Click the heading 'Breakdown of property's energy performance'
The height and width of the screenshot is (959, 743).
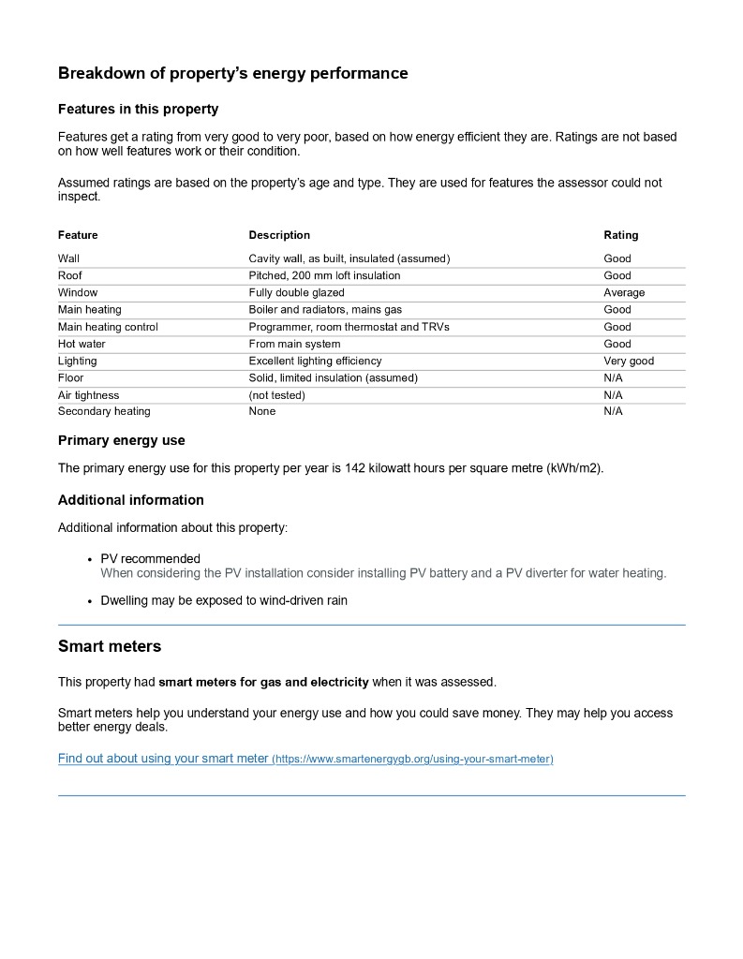(232, 73)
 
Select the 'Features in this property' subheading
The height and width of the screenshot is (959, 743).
(138, 110)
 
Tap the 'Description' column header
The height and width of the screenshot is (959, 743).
(279, 235)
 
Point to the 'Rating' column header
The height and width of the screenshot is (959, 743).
(620, 235)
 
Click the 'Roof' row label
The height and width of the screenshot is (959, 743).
(70, 275)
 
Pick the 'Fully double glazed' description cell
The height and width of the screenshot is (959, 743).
(296, 293)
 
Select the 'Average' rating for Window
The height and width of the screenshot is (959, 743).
(624, 293)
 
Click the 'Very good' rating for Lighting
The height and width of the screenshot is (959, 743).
(629, 361)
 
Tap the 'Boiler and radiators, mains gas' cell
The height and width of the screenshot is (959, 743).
(325, 310)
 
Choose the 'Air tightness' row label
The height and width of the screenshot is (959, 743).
(89, 395)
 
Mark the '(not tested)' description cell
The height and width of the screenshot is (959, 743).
(276, 395)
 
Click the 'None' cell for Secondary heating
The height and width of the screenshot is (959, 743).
(262, 411)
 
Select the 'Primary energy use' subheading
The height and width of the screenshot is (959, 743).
(122, 440)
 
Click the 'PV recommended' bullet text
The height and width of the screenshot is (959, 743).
(150, 559)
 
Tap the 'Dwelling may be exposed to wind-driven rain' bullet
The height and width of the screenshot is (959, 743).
(224, 600)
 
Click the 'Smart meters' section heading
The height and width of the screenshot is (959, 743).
(110, 646)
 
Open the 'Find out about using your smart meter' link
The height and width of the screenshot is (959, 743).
(163, 759)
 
